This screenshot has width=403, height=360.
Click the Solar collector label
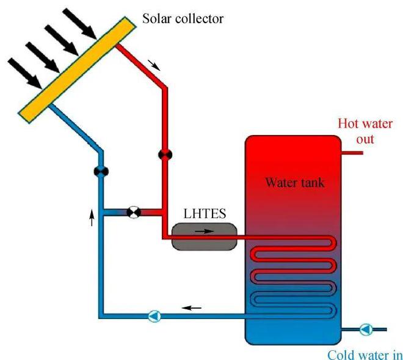point(183,18)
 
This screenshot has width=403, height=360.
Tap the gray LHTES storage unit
point(205,236)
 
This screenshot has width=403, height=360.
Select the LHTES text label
point(205,215)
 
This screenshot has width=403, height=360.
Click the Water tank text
point(295,182)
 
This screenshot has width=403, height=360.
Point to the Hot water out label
point(365,131)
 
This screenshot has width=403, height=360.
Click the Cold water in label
point(365,354)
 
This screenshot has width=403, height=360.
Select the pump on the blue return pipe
point(155,316)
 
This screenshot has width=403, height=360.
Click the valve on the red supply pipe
point(164,155)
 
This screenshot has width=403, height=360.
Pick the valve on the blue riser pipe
point(101,171)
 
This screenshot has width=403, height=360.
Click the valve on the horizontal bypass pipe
point(133,212)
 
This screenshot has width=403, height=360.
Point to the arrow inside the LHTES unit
point(205,232)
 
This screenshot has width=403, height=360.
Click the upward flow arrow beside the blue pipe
point(92,216)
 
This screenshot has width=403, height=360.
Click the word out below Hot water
point(365,139)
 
